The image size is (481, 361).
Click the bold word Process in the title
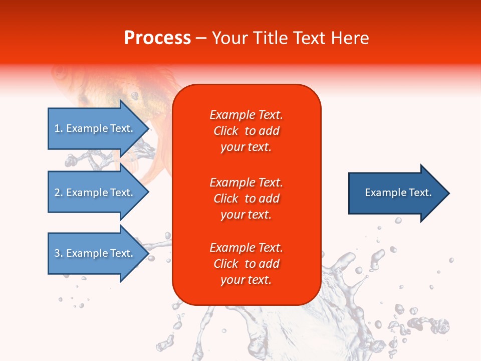point(157,38)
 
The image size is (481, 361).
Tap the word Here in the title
point(350,38)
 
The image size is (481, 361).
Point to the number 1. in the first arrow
point(59,128)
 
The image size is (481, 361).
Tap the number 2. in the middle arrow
point(59,193)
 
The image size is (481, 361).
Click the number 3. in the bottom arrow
point(59,253)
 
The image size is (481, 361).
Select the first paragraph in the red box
point(246,131)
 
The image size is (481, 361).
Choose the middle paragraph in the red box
point(246,198)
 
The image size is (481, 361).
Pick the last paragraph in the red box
point(246,264)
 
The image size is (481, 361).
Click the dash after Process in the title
point(201,39)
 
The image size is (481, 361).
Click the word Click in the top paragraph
point(226,131)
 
